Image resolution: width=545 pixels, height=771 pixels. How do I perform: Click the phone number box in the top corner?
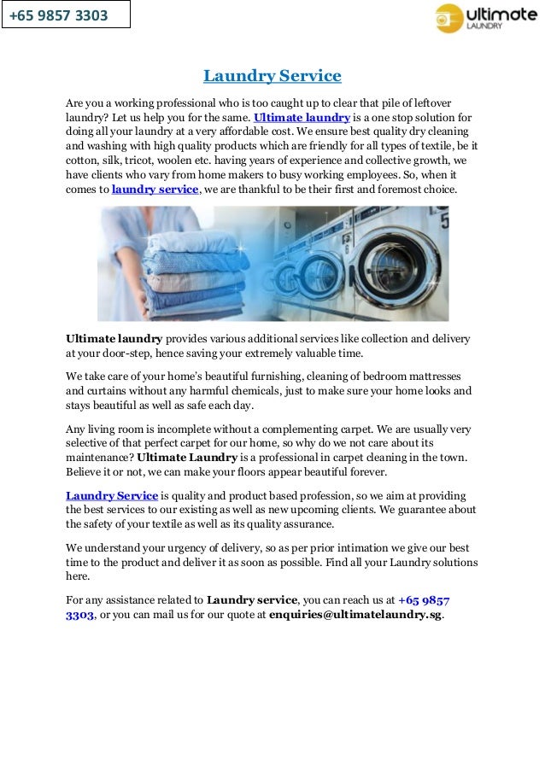click(x=66, y=15)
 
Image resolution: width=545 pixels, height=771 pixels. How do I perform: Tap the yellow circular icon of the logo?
click(x=449, y=18)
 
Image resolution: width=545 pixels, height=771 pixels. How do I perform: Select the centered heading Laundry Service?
click(x=272, y=76)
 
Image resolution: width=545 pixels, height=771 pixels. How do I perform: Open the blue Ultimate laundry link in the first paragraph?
click(x=302, y=117)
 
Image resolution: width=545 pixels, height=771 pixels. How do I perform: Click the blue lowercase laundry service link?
click(x=155, y=190)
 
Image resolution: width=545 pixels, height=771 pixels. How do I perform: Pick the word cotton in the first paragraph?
click(x=84, y=161)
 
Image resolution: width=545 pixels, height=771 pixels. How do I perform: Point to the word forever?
click(x=362, y=472)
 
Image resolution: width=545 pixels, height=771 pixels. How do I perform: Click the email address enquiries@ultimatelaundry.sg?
click(x=355, y=615)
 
